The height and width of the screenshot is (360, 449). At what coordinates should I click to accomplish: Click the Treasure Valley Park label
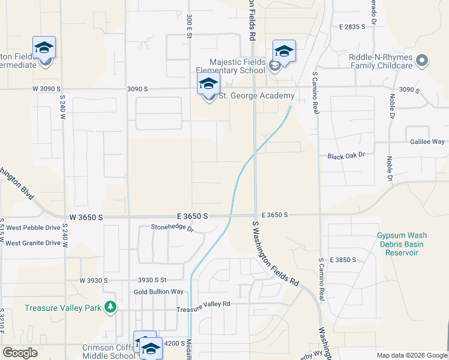click(x=63, y=308)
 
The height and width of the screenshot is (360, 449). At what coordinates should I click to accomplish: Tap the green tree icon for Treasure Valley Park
click(x=110, y=308)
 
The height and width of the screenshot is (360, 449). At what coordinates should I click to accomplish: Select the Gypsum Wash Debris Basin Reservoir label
click(x=400, y=244)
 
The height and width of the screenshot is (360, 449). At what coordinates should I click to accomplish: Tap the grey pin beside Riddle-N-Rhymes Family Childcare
click(x=422, y=61)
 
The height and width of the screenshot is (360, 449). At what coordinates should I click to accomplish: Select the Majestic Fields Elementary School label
click(x=237, y=66)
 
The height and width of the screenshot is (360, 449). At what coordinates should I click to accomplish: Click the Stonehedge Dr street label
click(x=173, y=228)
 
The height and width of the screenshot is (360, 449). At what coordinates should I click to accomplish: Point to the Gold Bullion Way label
click(x=158, y=292)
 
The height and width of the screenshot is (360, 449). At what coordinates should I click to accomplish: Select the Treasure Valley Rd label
click(x=203, y=304)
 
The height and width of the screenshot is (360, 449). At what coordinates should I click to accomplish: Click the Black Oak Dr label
click(x=346, y=155)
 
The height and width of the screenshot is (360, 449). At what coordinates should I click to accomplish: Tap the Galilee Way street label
click(x=428, y=142)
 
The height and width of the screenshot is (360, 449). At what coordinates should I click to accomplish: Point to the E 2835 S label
click(x=352, y=27)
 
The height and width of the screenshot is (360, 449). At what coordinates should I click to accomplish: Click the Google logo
click(x=20, y=353)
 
